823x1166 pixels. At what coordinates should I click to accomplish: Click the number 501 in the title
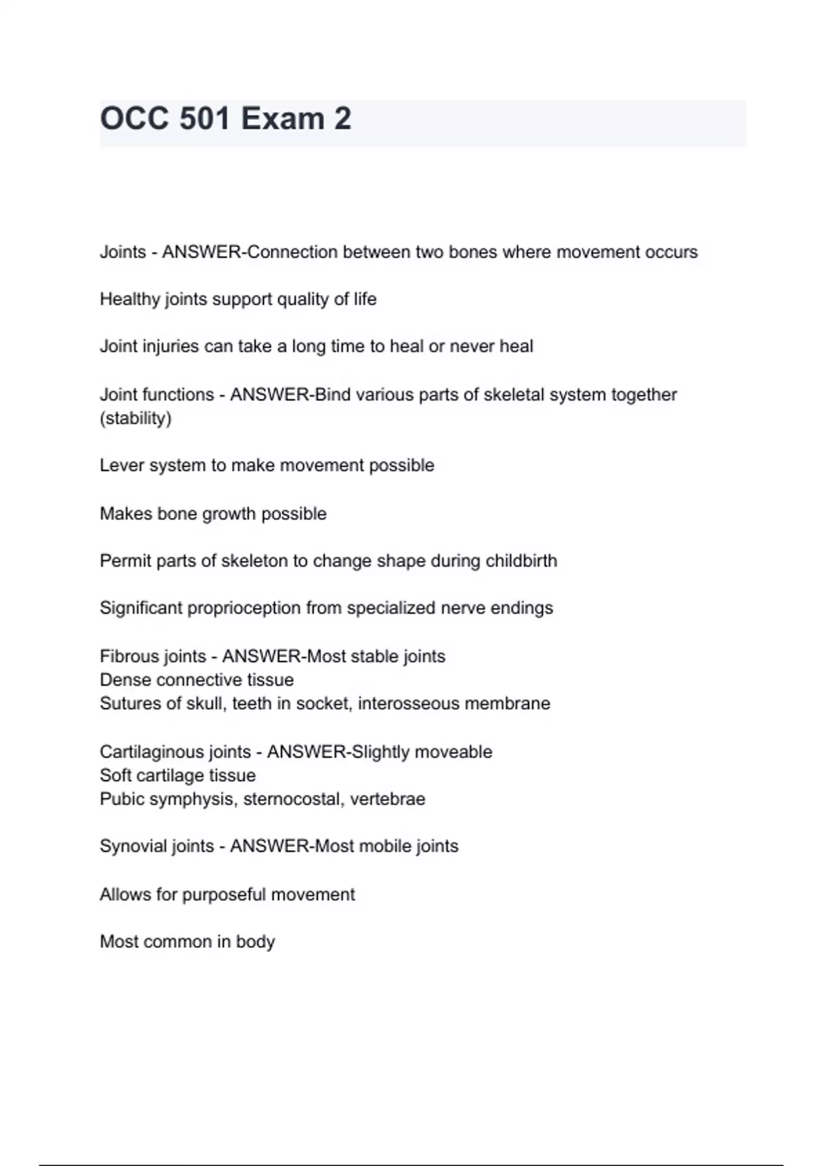pyautogui.click(x=204, y=119)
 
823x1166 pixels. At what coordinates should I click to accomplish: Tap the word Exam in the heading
pyautogui.click(x=283, y=119)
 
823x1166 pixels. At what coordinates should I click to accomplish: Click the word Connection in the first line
pyautogui.click(x=292, y=252)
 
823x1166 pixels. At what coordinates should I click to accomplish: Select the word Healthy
pyautogui.click(x=130, y=299)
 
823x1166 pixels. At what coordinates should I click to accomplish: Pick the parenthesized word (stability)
pyautogui.click(x=136, y=418)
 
